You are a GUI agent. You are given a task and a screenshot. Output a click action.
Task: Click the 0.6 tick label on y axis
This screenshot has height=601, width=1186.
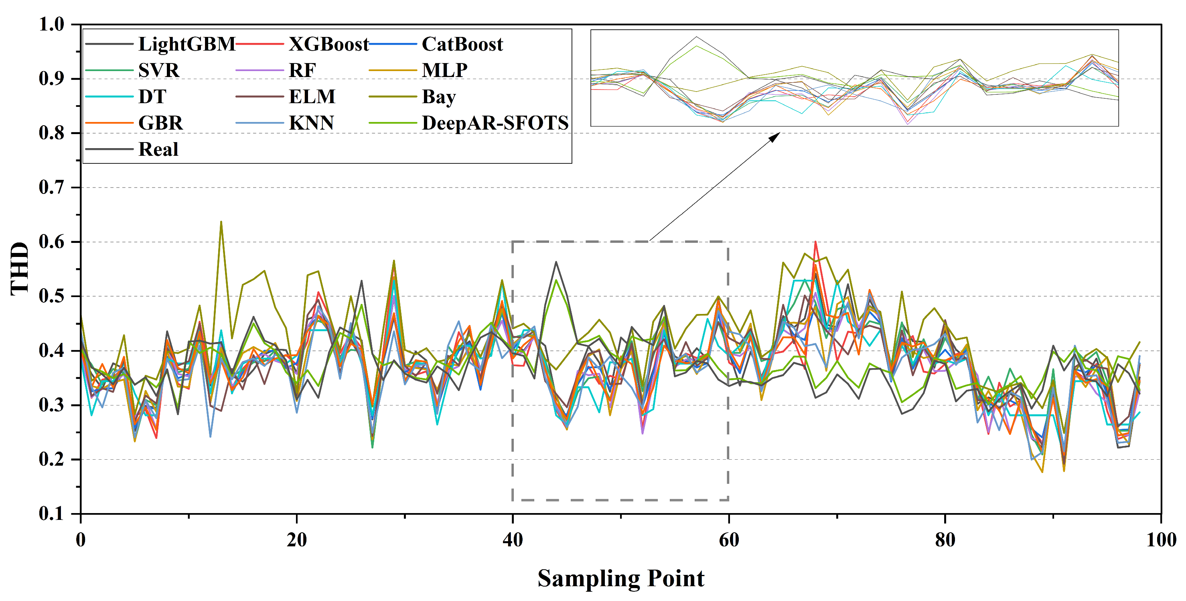pos(52,242)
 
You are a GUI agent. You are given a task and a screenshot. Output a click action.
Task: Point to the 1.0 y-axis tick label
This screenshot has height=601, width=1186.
pos(52,24)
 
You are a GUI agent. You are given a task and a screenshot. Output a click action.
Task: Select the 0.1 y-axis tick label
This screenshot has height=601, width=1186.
pos(52,513)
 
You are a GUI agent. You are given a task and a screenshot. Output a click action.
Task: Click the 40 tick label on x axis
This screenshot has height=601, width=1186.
pos(513,540)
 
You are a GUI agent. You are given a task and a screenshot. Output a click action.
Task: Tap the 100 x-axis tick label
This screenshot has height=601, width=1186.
pos(1161,540)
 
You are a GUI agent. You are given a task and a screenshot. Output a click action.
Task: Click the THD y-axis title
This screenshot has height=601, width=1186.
pos(19,269)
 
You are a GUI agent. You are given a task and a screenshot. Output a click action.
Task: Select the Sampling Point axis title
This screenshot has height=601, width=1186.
pos(620,579)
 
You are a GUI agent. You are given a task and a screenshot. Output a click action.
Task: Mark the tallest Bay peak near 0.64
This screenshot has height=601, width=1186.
pos(221,222)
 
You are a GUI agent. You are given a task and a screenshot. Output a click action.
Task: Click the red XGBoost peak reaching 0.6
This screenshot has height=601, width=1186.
pos(815,242)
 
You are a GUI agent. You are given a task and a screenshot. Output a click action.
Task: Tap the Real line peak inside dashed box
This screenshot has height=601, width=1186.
pos(556,262)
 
